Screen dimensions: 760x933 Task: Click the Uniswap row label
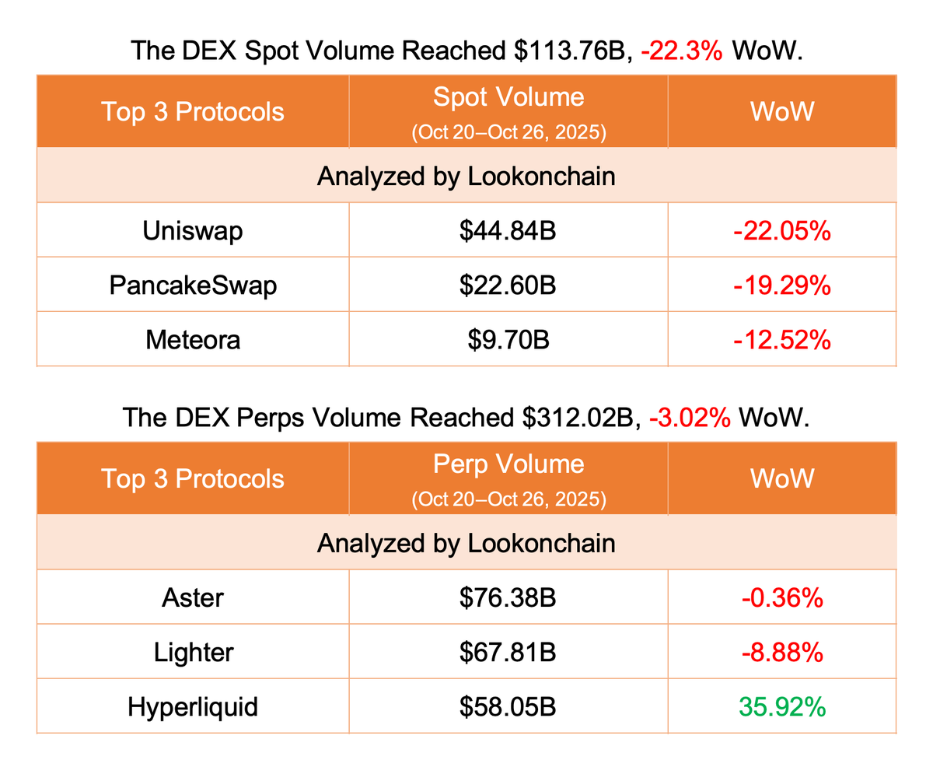193,230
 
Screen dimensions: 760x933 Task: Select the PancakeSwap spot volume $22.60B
507,285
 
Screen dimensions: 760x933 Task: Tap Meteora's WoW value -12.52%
781,340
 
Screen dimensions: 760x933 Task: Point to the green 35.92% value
781,707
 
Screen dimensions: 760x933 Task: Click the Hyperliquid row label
193,707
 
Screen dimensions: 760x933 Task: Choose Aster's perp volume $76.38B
507,597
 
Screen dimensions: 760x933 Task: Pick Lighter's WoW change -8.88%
781,653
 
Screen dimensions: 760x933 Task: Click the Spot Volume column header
508,97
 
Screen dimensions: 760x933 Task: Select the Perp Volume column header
508,464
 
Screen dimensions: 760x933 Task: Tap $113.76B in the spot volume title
566,51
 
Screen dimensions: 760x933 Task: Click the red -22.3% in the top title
683,51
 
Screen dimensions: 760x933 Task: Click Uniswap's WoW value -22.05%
781,230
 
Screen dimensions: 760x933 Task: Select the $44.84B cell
507,230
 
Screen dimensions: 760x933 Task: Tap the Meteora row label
193,340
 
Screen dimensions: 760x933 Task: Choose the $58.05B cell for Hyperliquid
507,707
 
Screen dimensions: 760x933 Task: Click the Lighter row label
193,653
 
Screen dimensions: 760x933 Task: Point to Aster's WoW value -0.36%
781,597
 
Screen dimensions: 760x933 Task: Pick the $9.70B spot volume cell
507,340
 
